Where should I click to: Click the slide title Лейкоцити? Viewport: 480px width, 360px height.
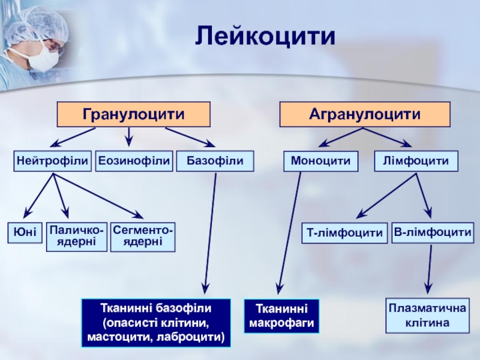click(265, 37)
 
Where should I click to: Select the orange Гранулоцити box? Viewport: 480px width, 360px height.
click(133, 113)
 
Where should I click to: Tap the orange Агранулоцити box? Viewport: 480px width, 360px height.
click(364, 113)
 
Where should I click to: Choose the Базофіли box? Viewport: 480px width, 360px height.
click(215, 161)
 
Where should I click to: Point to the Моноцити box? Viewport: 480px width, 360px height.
click(320, 161)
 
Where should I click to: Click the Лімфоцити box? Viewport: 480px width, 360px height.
click(416, 161)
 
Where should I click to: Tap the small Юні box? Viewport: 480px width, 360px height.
click(25, 234)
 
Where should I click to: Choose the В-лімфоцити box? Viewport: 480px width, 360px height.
click(433, 232)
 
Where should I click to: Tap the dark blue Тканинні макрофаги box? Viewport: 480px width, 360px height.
click(281, 316)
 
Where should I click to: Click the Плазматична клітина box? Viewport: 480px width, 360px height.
click(427, 316)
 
